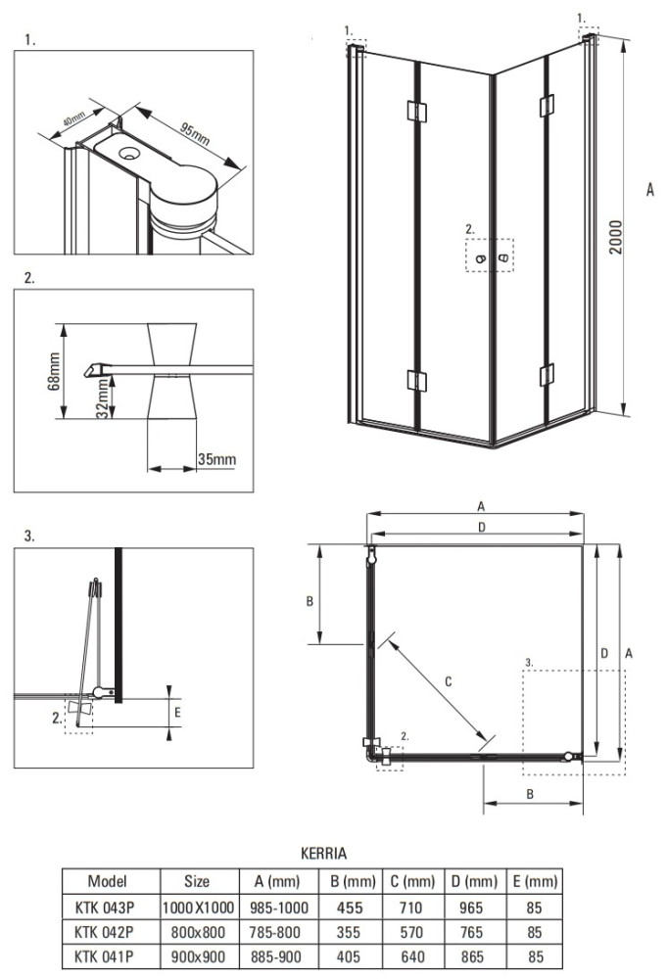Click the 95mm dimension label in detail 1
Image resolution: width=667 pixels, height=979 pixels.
click(195, 135)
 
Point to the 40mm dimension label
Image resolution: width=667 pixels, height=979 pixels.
click(73, 117)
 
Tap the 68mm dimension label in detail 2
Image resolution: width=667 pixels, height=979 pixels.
click(54, 371)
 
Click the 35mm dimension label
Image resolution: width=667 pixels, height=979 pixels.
click(216, 459)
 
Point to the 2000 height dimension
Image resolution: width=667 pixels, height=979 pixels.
click(616, 237)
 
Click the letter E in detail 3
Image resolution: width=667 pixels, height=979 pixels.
click(177, 712)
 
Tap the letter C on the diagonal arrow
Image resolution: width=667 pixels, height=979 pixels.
click(448, 681)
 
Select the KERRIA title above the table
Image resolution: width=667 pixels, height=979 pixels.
click(323, 853)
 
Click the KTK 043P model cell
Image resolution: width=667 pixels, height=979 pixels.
click(104, 908)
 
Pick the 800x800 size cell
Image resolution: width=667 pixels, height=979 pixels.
click(198, 932)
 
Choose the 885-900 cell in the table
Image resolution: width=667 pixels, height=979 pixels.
click(275, 956)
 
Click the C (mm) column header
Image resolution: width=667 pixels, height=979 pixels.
click(412, 882)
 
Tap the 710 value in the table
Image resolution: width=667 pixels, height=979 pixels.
click(411, 908)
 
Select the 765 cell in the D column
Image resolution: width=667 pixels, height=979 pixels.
click(471, 932)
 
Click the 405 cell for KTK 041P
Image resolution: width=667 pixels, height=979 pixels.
click(349, 956)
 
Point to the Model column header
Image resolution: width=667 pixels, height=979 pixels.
click(108, 881)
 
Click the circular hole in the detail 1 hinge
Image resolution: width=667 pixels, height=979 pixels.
click(130, 152)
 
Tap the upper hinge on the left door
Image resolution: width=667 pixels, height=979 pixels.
click(416, 111)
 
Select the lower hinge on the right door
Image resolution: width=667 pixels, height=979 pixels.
click(547, 375)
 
